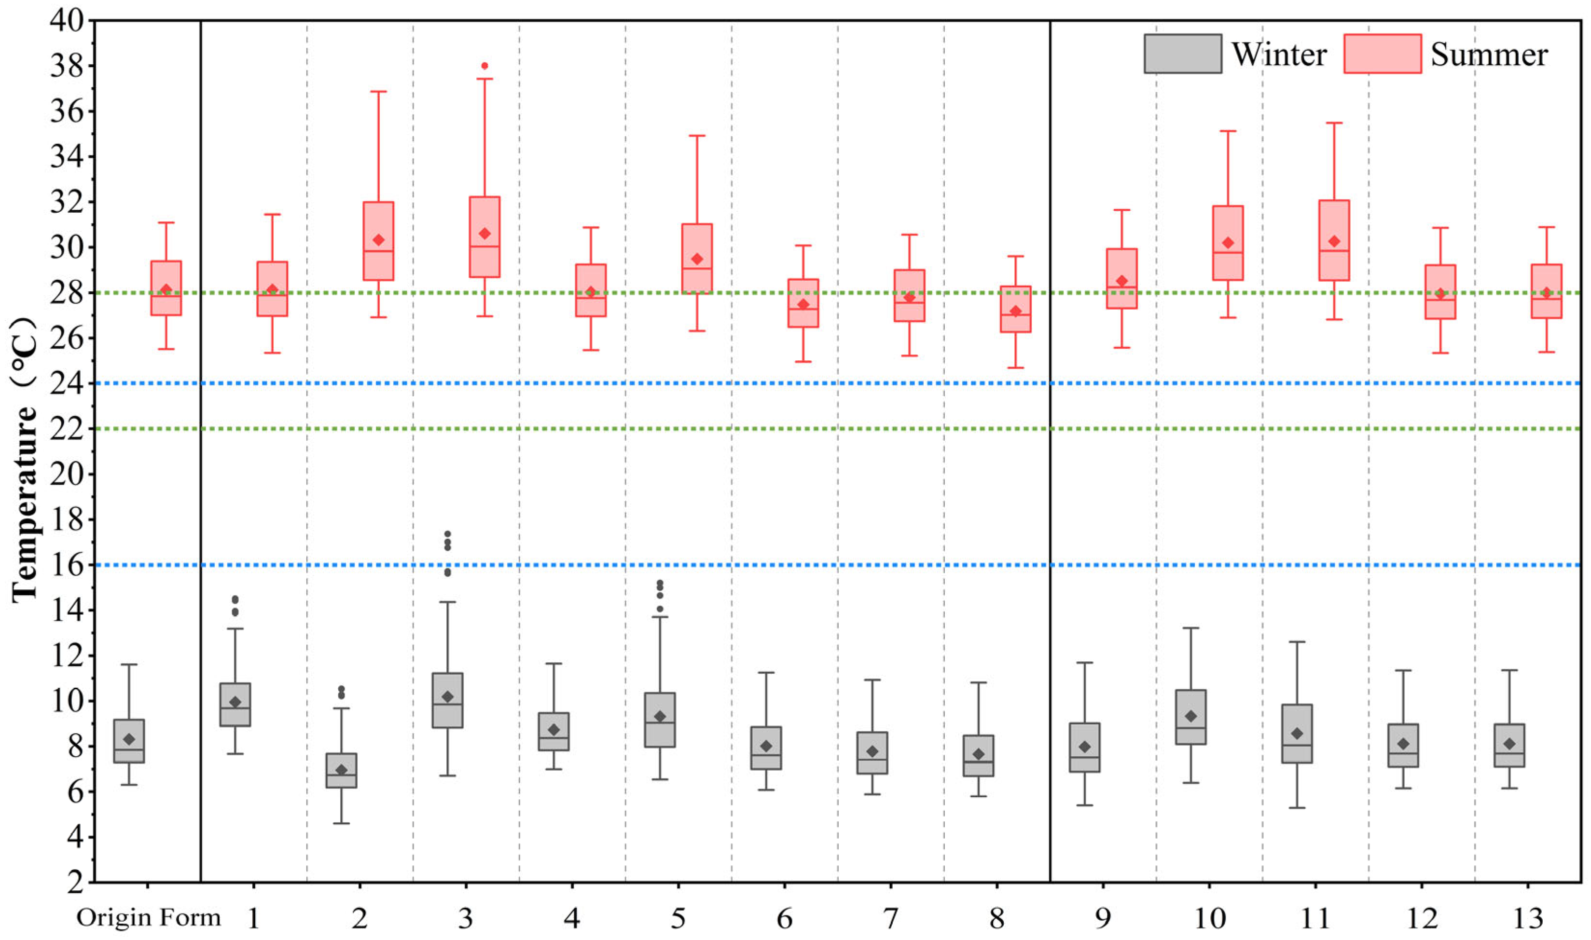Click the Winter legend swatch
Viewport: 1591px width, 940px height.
click(x=1182, y=54)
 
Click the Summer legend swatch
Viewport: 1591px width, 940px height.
click(x=1382, y=54)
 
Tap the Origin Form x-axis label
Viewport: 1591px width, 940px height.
click(x=148, y=917)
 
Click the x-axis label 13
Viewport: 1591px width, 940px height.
click(x=1528, y=918)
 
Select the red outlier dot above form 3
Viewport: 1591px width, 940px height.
click(x=484, y=66)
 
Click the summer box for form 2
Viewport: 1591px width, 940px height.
click(x=378, y=241)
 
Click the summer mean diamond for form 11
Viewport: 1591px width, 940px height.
click(x=1334, y=241)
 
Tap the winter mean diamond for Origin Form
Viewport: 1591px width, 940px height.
click(x=129, y=739)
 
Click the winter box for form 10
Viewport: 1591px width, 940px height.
click(x=1190, y=717)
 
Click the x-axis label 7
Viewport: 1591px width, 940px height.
click(x=891, y=918)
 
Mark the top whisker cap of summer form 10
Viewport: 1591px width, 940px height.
click(x=1228, y=131)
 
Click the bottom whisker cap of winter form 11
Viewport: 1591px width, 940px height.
click(x=1297, y=808)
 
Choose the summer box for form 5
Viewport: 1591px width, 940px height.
click(x=697, y=259)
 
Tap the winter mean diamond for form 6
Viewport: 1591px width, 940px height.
click(x=766, y=746)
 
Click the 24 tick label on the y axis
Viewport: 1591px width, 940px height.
click(x=66, y=383)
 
